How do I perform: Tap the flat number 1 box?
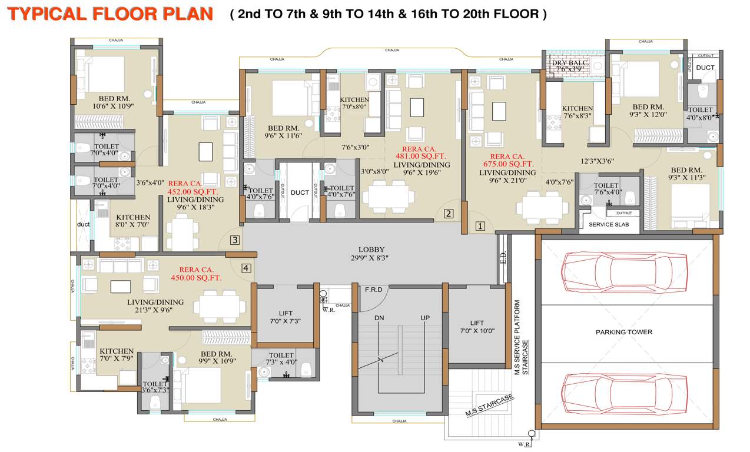(x=480, y=225)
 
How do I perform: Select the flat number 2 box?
(x=449, y=214)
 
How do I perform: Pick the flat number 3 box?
(x=234, y=240)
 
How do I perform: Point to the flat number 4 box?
(x=246, y=268)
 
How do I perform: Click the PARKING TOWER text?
(x=623, y=332)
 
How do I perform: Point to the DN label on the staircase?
(x=380, y=318)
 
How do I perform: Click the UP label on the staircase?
(x=424, y=318)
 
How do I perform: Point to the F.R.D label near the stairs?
(x=374, y=290)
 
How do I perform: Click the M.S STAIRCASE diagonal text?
(x=489, y=406)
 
